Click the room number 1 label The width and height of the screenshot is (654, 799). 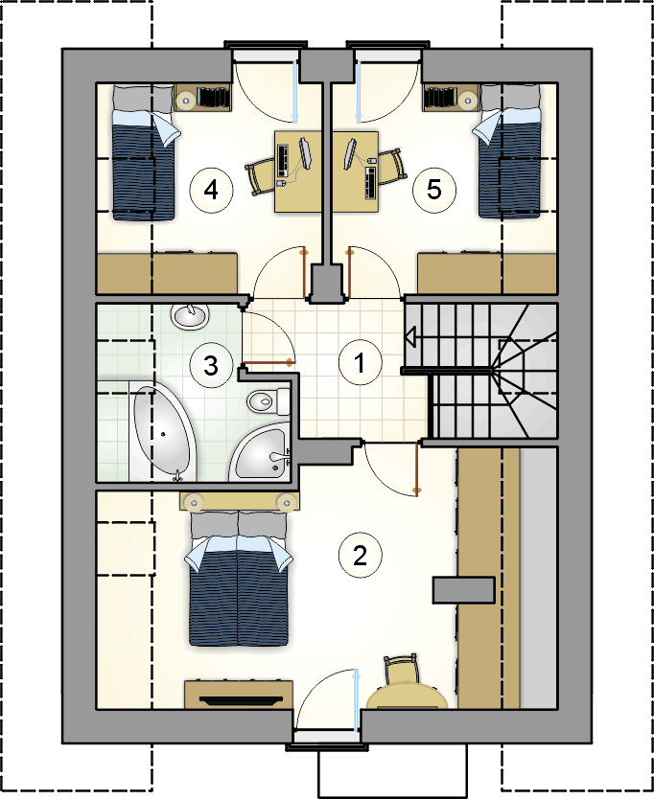pyautogui.click(x=360, y=363)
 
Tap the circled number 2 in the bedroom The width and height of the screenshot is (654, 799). pyautogui.click(x=360, y=555)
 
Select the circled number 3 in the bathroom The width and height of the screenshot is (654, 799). pyautogui.click(x=211, y=365)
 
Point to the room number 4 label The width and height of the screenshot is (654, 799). pyautogui.click(x=211, y=190)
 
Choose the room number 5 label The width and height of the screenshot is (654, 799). pyautogui.click(x=433, y=190)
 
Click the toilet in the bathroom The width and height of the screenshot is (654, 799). pyautogui.click(x=269, y=401)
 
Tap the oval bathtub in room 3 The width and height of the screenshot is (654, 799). pyautogui.click(x=164, y=433)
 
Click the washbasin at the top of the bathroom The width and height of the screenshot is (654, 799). pyautogui.click(x=190, y=316)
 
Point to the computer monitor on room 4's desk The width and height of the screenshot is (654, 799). pyautogui.click(x=306, y=152)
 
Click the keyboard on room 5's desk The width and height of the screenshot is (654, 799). pyautogui.click(x=371, y=182)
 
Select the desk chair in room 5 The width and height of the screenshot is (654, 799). pyautogui.click(x=393, y=167)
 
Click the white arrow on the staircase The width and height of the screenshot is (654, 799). pyautogui.click(x=410, y=338)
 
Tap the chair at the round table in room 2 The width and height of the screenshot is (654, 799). pyautogui.click(x=401, y=670)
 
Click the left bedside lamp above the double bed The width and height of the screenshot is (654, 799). pyautogui.click(x=194, y=503)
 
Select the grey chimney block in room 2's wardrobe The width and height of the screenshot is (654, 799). pyautogui.click(x=464, y=590)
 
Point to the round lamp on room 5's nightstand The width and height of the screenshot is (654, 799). pyautogui.click(x=468, y=101)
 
